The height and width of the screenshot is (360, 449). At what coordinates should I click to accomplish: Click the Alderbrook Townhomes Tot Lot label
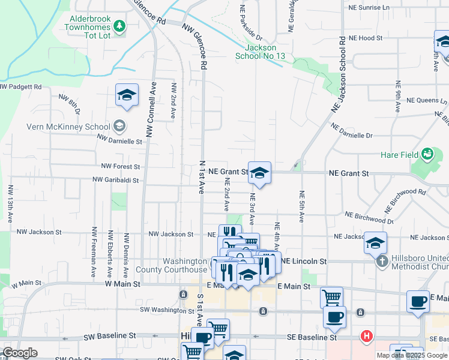[x=91, y=27]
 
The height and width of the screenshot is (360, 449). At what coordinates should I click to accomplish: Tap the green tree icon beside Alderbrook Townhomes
[x=120, y=26]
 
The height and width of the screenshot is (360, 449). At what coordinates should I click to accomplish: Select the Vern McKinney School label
[x=68, y=127]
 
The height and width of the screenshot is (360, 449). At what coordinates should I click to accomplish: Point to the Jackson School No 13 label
[x=261, y=52]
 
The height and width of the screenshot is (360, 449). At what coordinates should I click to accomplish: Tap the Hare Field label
[x=399, y=155]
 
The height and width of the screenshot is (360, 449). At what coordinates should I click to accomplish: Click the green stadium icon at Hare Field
[x=427, y=154]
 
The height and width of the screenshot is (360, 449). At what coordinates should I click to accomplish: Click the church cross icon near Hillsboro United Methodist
[x=381, y=262]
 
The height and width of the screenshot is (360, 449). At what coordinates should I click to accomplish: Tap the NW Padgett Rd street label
[x=21, y=87]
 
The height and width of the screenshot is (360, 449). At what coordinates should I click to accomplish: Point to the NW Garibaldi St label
[x=116, y=179]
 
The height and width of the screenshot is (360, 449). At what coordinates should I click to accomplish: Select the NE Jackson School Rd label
[x=339, y=75]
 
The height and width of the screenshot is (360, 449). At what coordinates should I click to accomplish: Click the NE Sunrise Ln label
[x=369, y=8]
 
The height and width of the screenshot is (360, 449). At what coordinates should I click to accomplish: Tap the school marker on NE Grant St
[x=259, y=173]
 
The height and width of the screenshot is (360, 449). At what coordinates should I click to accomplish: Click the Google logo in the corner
[x=20, y=353]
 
